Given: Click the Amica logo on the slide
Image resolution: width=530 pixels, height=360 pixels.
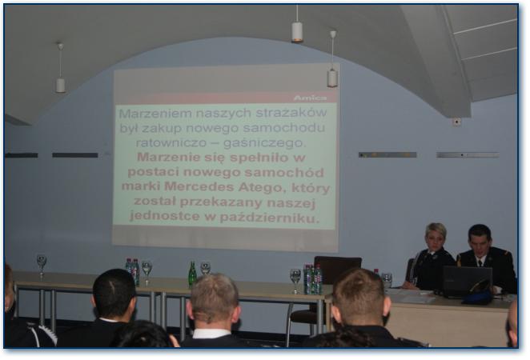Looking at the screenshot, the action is point(310,98).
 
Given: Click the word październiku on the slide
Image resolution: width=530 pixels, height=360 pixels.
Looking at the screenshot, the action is point(269,218).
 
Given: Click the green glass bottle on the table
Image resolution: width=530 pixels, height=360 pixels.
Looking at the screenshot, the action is point(192,274).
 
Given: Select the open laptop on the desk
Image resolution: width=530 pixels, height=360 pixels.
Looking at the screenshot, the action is point(467,282).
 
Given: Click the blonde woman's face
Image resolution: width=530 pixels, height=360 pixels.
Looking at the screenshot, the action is point(434,242).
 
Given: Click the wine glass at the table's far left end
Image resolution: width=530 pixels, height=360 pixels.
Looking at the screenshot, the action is point(42,266).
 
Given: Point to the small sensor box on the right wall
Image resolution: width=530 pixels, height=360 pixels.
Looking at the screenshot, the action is point(456,122).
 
